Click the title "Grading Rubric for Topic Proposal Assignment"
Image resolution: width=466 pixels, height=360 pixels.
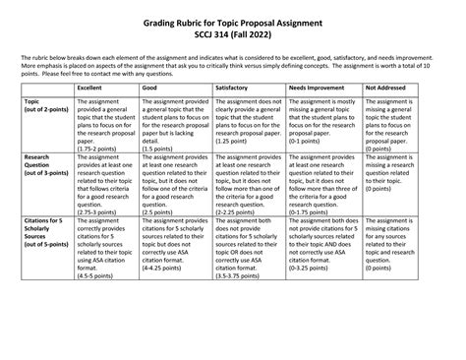click(233, 19)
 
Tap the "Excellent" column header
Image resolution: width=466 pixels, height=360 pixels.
click(90, 87)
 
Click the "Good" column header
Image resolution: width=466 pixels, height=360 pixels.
click(151, 87)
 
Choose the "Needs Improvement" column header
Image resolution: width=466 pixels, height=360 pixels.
click(316, 87)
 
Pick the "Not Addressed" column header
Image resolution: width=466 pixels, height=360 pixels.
click(386, 87)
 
